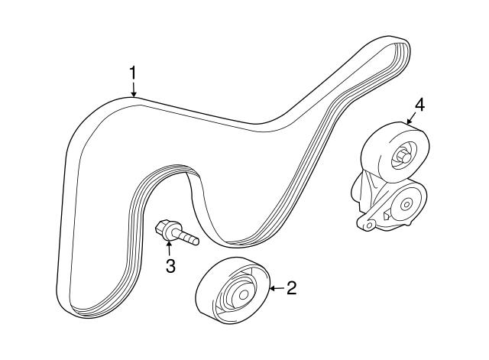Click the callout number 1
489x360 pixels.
tap(133, 73)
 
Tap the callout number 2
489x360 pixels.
tap(291, 288)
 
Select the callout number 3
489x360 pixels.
tap(170, 266)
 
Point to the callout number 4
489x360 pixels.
tap(419, 105)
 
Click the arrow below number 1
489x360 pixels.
tap(134, 89)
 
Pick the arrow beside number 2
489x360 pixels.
tap(277, 288)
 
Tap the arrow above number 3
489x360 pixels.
tap(169, 248)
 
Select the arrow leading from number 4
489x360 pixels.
tap(411, 119)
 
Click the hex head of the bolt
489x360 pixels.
tap(161, 228)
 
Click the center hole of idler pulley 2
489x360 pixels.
tap(243, 294)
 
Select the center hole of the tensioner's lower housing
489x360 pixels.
tap(406, 205)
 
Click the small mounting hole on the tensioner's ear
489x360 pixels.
tap(370, 225)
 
